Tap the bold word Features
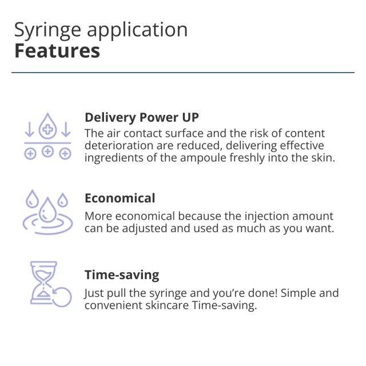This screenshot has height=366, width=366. pos(57,51)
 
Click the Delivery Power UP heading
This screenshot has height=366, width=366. pos(142,117)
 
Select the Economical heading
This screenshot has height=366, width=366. pos(120,198)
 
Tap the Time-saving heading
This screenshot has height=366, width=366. pos(122,274)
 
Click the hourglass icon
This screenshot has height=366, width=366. pos(43,283)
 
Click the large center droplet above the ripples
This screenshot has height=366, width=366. pos(47,210)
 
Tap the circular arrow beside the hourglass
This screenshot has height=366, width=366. pos(62,297)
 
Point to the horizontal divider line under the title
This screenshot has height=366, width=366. pos(183,73)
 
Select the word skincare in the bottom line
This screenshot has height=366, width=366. pos(167,305)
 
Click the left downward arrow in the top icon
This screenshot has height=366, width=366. pos(29,129)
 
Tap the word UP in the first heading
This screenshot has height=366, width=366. pos(190,117)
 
